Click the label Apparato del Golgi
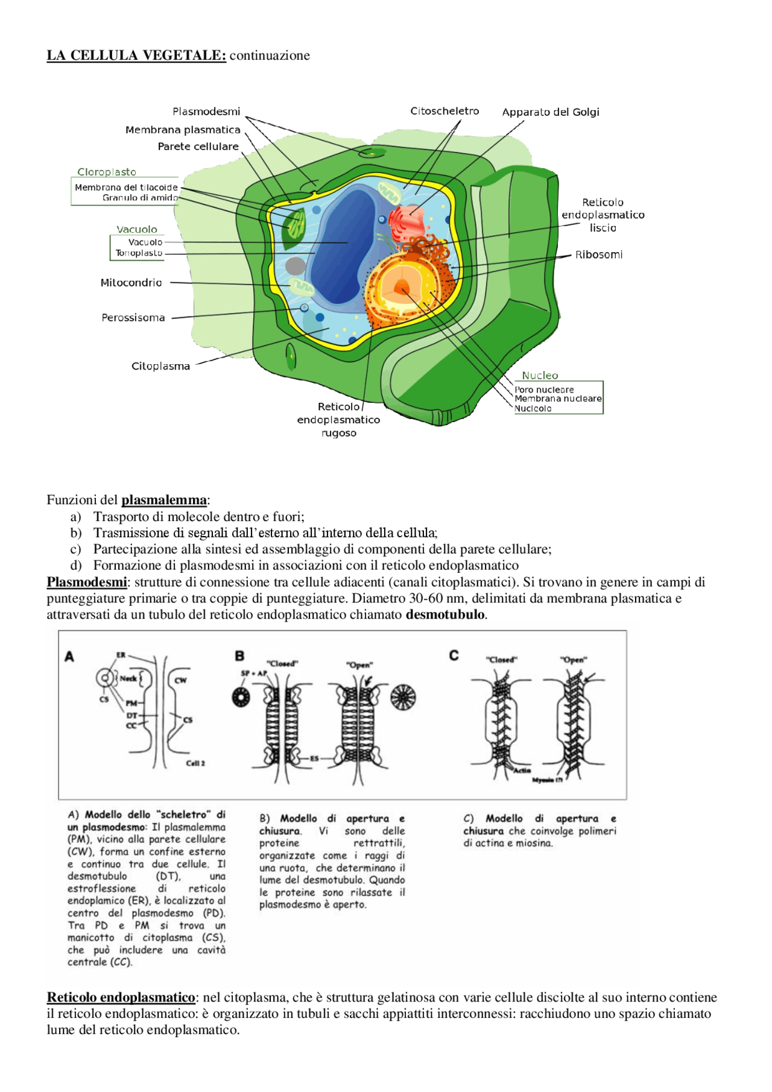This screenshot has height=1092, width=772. [x=550, y=112]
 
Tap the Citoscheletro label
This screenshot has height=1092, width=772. [x=445, y=111]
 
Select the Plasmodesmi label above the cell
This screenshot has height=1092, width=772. [x=206, y=112]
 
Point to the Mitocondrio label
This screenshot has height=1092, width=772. [x=131, y=282]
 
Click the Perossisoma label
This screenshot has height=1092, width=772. [x=133, y=318]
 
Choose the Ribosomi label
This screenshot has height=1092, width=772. [x=598, y=254]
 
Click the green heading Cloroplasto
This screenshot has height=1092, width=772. [x=107, y=172]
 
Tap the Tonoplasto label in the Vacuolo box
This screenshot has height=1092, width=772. [x=139, y=253]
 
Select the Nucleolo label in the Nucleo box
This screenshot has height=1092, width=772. [x=533, y=409]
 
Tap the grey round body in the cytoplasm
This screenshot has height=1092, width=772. [x=296, y=266]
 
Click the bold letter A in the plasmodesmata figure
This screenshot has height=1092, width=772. [x=70, y=657]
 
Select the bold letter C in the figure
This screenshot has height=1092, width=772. [x=454, y=655]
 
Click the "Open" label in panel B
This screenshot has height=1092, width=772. [x=359, y=665]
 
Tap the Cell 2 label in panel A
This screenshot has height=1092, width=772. [x=195, y=763]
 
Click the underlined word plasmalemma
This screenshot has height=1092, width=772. [x=164, y=500]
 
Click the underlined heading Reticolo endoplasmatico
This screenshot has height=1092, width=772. [x=121, y=997]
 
